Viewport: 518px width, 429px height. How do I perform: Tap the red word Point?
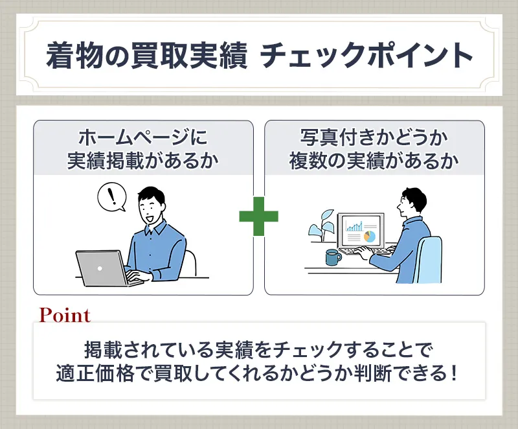click(x=64, y=316)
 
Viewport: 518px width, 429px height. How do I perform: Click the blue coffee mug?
click(x=333, y=257)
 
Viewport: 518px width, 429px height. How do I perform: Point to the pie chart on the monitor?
click(x=370, y=236)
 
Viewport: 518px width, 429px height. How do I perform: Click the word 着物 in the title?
click(x=69, y=56)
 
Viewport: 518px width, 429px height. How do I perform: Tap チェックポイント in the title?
click(x=366, y=56)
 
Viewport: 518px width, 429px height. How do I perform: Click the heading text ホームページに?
click(x=143, y=138)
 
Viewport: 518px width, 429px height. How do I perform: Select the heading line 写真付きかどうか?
click(x=374, y=138)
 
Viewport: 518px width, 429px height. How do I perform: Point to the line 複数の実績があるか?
click(x=374, y=161)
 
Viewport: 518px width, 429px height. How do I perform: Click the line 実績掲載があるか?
click(x=143, y=161)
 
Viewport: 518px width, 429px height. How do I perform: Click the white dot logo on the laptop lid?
click(x=99, y=268)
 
